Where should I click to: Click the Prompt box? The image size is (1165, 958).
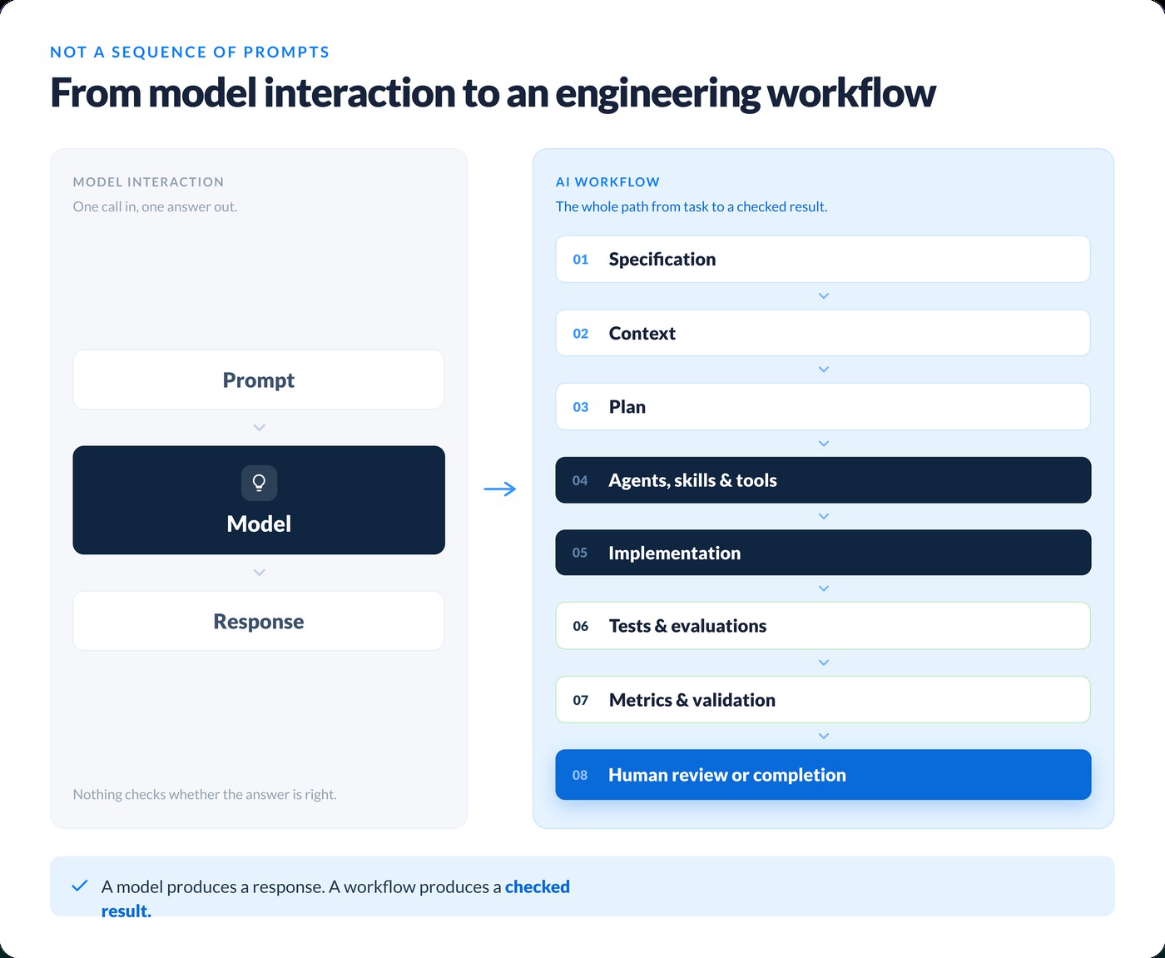pos(259,380)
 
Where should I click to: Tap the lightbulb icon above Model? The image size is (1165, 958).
pos(259,483)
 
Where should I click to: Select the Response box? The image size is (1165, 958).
pos(259,621)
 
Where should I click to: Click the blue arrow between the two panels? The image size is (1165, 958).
pos(500,489)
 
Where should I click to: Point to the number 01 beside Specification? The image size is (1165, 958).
pos(580,260)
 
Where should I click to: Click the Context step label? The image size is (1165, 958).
pos(642,333)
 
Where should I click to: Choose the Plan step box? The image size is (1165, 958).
pos(823,407)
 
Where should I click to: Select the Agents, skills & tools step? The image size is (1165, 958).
pos(823,480)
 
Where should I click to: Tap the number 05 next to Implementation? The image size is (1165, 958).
pos(579,553)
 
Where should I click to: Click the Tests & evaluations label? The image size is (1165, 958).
pos(687,626)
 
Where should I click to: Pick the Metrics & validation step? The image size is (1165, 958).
pos(823,699)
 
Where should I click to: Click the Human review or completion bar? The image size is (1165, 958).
pos(823,775)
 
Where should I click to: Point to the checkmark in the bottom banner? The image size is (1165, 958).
pos(80,886)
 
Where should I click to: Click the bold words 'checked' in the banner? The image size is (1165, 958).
pos(537,886)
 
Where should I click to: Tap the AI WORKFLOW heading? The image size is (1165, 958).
pos(607,181)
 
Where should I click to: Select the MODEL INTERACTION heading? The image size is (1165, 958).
pos(149,181)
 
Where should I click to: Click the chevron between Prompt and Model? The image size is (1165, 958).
pos(259,428)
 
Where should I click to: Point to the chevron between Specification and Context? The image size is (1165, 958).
pos(824,296)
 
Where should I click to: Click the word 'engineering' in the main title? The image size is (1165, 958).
pos(657,93)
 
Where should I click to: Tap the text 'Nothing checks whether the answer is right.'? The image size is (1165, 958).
pos(205,795)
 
